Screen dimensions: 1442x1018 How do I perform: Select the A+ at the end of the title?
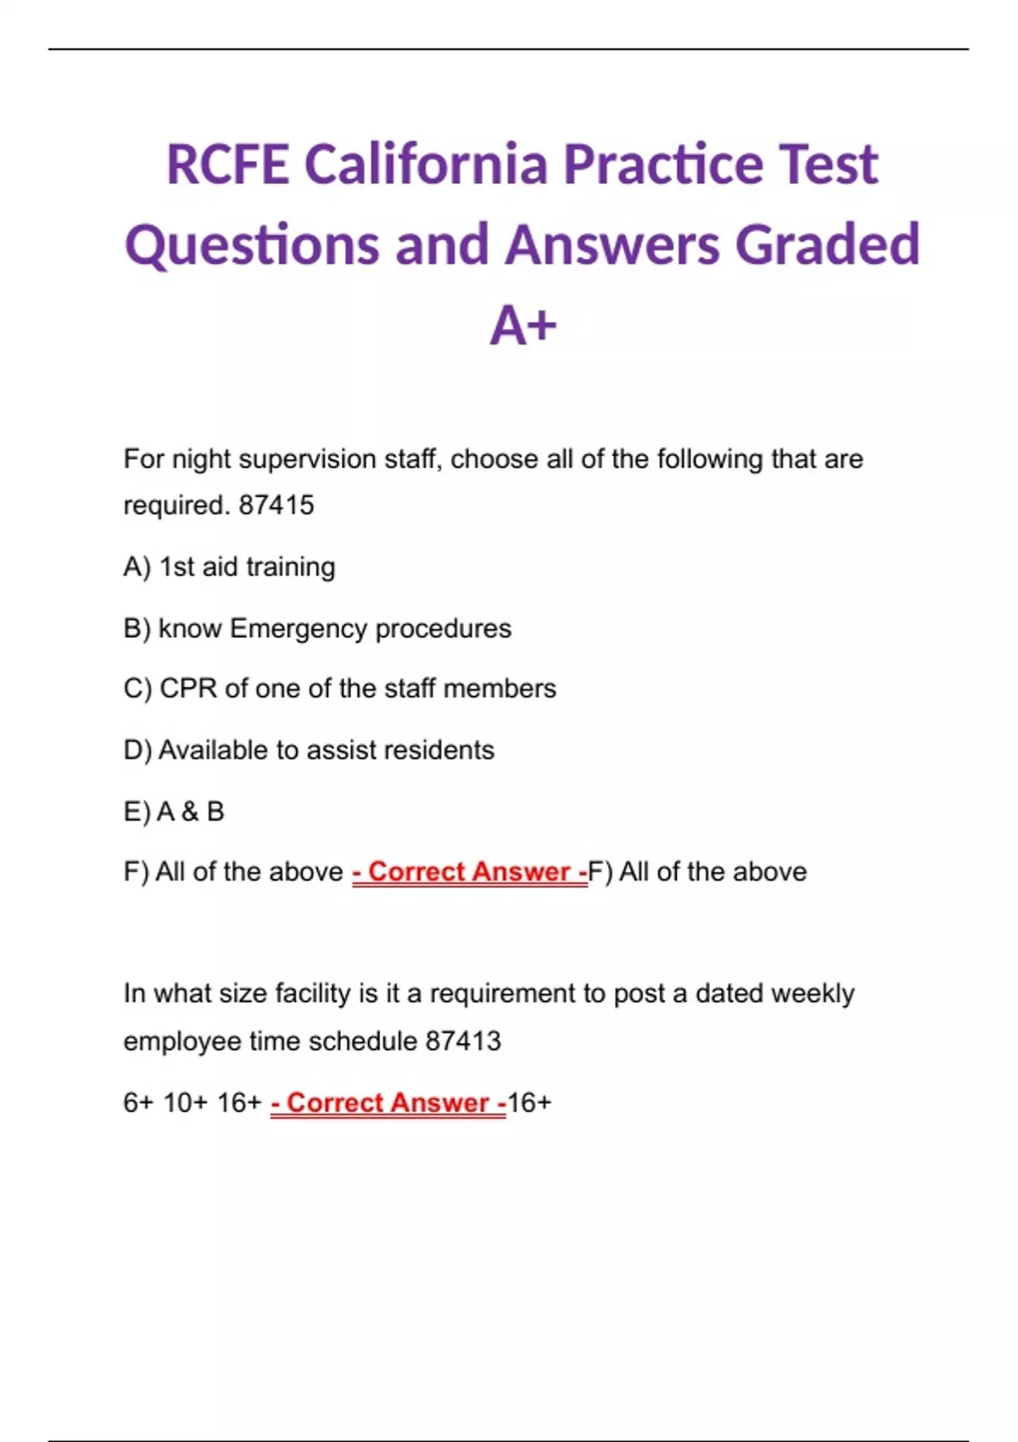(523, 326)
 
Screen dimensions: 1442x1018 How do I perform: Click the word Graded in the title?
(827, 244)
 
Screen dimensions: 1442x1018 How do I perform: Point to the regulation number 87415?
(277, 506)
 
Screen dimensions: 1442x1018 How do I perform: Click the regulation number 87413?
(463, 1041)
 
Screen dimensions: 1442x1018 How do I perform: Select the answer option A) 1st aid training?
(229, 567)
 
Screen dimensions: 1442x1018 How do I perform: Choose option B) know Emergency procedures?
(317, 629)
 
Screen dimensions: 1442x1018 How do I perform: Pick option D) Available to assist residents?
(309, 750)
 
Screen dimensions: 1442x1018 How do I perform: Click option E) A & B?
(174, 812)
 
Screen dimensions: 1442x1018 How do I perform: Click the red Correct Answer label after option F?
(469, 872)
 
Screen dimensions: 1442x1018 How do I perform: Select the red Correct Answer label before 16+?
(389, 1103)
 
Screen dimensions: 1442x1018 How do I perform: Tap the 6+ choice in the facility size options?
(138, 1103)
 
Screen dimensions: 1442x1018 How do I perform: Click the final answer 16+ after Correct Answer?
(529, 1103)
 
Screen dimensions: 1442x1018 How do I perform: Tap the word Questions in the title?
(252, 244)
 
